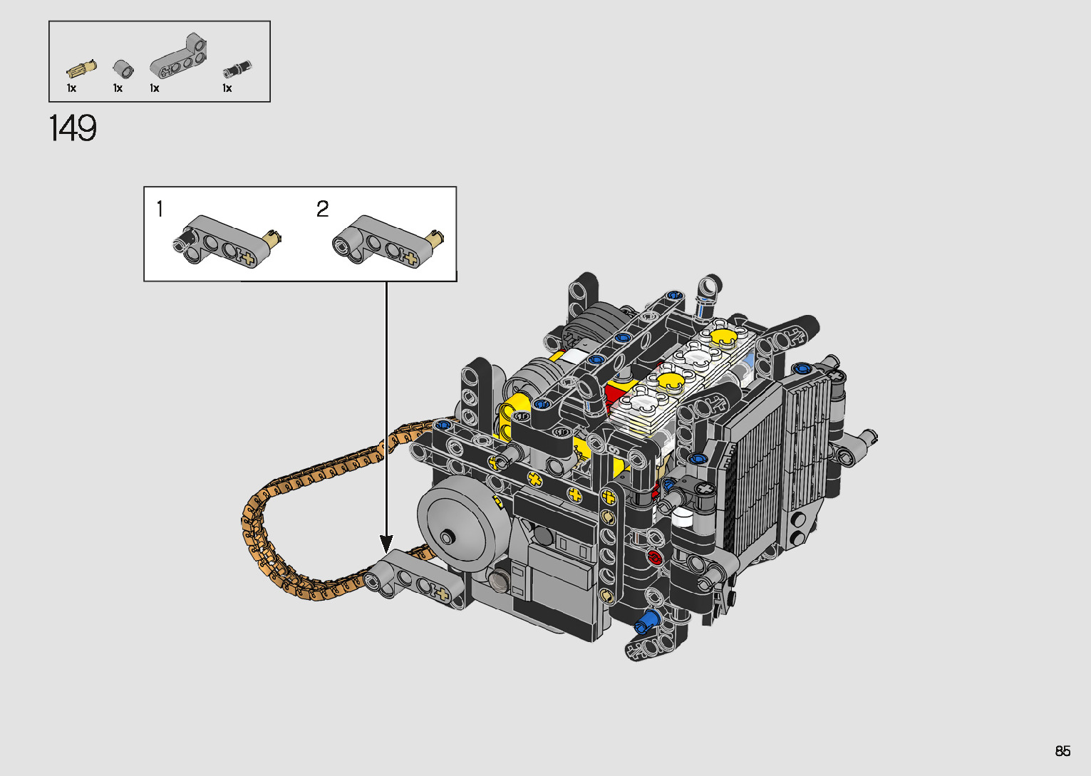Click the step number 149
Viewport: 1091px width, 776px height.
(x=73, y=128)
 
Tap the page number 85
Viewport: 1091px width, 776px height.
(x=1062, y=750)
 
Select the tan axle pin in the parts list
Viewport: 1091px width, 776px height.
(x=81, y=70)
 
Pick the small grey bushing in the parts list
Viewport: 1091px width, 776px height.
(x=123, y=68)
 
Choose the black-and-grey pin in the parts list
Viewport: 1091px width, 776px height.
(x=238, y=69)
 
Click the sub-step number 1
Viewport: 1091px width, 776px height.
(x=160, y=209)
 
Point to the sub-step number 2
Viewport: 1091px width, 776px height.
(x=322, y=209)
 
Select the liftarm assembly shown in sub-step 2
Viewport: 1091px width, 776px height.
(x=387, y=241)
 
